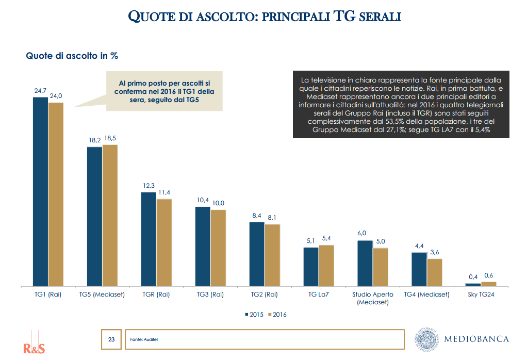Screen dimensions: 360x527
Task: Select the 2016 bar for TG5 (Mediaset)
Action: click(x=110, y=215)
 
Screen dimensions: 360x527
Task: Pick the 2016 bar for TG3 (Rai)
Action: click(x=218, y=248)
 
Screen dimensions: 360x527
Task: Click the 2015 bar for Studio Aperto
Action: click(x=365, y=263)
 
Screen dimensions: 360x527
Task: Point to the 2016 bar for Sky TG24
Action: click(x=488, y=284)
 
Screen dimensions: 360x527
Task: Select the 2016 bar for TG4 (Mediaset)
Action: click(x=435, y=272)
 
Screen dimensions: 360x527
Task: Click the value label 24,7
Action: click(x=41, y=91)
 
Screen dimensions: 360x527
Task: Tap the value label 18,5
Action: click(x=110, y=139)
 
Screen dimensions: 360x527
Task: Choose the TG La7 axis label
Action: click(x=319, y=294)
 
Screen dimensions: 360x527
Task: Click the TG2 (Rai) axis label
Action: click(x=264, y=294)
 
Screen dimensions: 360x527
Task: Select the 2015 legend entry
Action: click(x=254, y=314)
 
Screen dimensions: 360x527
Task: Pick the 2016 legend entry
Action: click(x=277, y=314)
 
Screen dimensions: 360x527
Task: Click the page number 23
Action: click(x=111, y=339)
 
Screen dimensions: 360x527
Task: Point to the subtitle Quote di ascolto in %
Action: click(x=72, y=56)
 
